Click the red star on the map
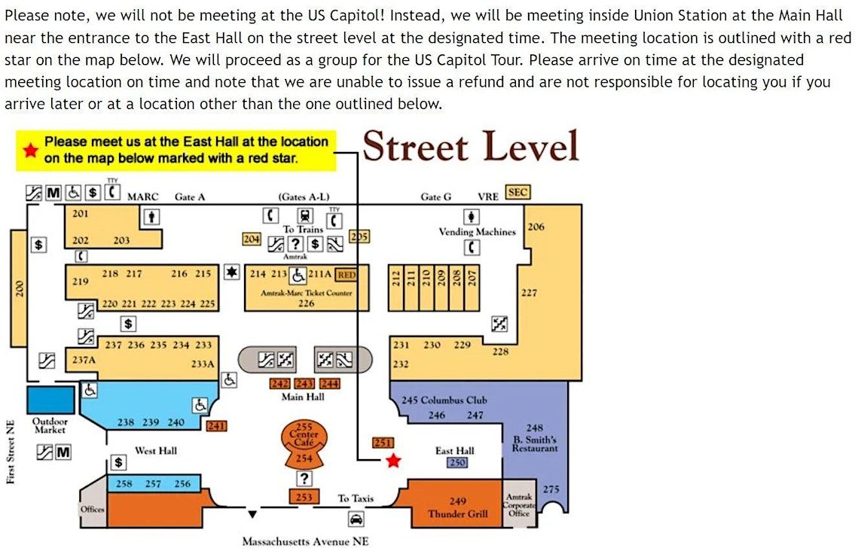[x=393, y=461]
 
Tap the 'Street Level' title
[x=471, y=147]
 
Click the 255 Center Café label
[x=304, y=434]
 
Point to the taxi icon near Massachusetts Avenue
[x=356, y=519]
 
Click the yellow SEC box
[x=518, y=193]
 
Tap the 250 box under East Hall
[x=457, y=462]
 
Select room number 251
[x=383, y=443]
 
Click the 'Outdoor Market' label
[x=50, y=425]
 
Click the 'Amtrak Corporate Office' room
[x=519, y=504]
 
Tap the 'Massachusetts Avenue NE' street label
[x=305, y=541]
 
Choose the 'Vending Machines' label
[x=477, y=232]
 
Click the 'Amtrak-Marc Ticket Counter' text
[x=307, y=293]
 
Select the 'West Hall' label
[x=156, y=450]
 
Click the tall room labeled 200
[x=19, y=288]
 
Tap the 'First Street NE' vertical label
[x=11, y=452]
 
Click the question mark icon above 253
[x=304, y=479]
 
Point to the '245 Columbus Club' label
[x=444, y=400]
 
